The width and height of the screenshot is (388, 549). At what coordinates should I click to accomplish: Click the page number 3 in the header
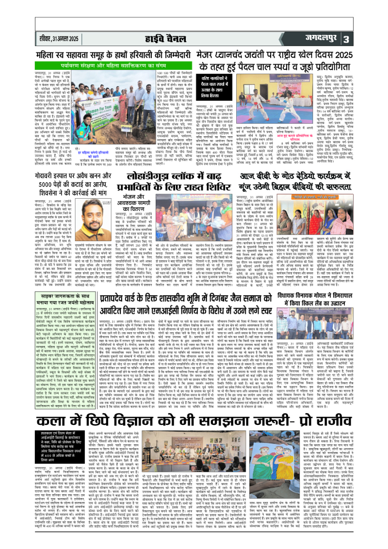[x=374, y=39]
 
